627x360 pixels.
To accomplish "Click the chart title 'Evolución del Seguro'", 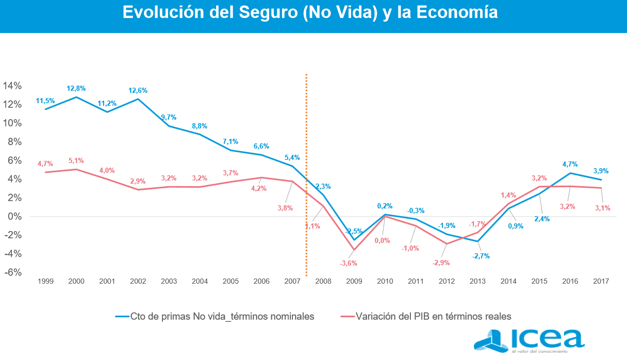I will (x=310, y=12).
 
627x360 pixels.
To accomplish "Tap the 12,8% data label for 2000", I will (x=76, y=89).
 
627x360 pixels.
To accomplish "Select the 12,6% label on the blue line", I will (x=138, y=91).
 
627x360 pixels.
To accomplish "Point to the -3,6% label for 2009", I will (x=349, y=264).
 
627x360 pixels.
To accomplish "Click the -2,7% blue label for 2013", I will (x=480, y=256).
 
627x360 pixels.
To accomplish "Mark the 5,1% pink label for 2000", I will (x=76, y=161).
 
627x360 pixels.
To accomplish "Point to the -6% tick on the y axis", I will (x=12, y=272).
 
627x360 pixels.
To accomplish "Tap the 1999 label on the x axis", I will (x=45, y=282).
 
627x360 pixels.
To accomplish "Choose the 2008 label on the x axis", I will (x=323, y=282).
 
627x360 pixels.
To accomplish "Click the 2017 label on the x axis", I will (x=601, y=282).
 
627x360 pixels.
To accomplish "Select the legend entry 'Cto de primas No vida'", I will (x=215, y=316).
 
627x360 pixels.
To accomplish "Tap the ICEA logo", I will (x=529, y=340).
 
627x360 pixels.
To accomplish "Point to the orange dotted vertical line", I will (x=306, y=155).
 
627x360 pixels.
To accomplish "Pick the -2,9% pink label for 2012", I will (x=441, y=263).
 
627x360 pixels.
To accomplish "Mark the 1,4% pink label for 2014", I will (x=508, y=195).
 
